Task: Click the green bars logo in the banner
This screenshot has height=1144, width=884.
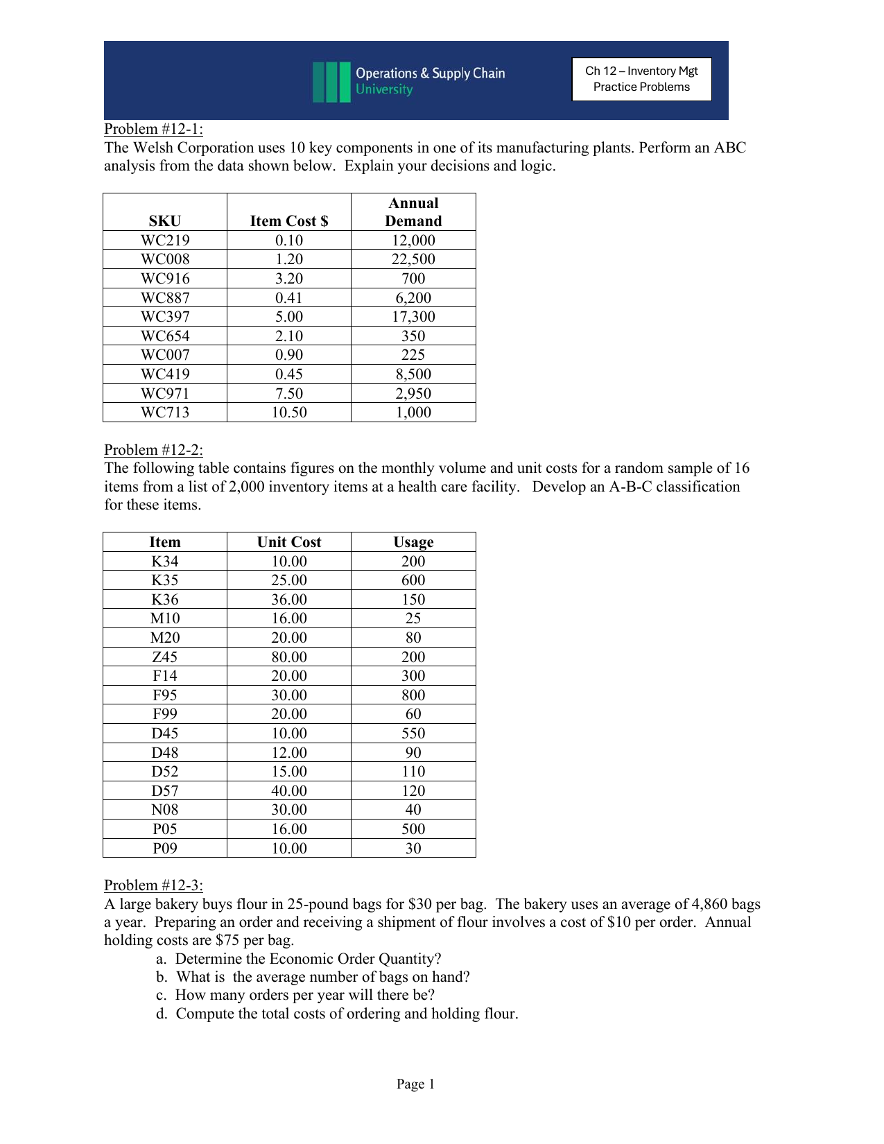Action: pos(331,82)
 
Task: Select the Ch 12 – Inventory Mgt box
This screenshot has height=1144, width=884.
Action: pos(641,79)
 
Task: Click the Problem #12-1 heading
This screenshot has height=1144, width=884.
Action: pos(153,129)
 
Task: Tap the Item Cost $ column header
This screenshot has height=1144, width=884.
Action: pos(289,221)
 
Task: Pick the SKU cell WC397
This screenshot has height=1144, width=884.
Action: pos(165,317)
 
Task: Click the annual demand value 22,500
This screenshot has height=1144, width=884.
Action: pos(413,259)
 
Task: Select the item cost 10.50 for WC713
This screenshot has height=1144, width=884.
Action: pos(289,413)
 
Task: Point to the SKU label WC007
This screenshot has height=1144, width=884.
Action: pos(165,355)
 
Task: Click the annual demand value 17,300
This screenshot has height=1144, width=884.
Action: pos(413,317)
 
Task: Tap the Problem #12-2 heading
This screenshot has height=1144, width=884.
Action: pos(153,450)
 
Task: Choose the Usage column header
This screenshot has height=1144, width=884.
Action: pos(413,542)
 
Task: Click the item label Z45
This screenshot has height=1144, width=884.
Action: pos(165,657)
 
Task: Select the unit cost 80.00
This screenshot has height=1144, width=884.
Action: pos(289,657)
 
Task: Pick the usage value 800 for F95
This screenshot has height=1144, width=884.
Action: pos(413,695)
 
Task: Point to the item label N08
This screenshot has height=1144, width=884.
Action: pos(165,810)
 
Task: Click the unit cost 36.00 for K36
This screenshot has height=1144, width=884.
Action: pos(289,600)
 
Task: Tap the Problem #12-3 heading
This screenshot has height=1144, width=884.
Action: pos(153,885)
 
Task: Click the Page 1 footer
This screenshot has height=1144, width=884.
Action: pos(415,1084)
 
